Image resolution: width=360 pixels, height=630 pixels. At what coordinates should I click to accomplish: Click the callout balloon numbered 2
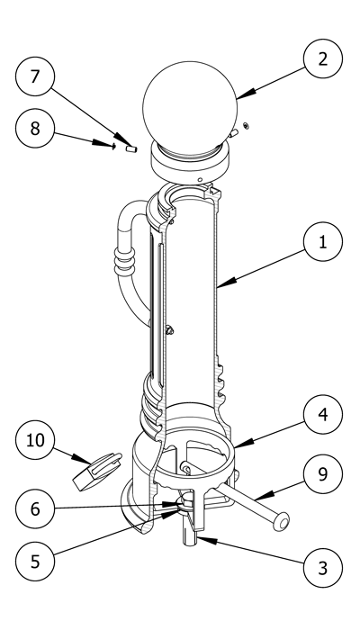pyautogui.click(x=323, y=58)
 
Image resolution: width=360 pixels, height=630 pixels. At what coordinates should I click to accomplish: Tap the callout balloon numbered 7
pyautogui.click(x=35, y=76)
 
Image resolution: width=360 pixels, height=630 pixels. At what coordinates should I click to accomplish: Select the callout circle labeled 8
pyautogui.click(x=35, y=128)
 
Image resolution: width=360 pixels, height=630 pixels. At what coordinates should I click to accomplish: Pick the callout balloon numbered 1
pyautogui.click(x=323, y=242)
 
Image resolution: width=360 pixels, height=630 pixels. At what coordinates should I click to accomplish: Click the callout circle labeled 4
pyautogui.click(x=323, y=415)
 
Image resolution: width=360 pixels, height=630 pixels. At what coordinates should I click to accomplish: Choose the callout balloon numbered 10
pyautogui.click(x=35, y=440)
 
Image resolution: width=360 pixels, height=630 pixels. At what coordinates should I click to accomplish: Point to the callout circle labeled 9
pyautogui.click(x=323, y=474)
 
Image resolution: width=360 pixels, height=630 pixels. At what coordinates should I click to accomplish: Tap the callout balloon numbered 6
pyautogui.click(x=35, y=508)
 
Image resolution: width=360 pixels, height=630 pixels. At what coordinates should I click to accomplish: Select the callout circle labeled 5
pyautogui.click(x=35, y=562)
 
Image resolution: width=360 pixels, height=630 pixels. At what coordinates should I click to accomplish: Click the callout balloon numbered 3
pyautogui.click(x=323, y=568)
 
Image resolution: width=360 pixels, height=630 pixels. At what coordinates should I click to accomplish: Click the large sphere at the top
pyautogui.click(x=190, y=108)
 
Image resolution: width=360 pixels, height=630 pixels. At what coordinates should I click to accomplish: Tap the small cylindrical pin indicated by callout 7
pyautogui.click(x=131, y=149)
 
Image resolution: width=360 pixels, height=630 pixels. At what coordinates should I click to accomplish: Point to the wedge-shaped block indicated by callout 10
pyautogui.click(x=97, y=472)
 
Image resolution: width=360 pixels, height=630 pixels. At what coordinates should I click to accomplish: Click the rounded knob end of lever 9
pyautogui.click(x=281, y=521)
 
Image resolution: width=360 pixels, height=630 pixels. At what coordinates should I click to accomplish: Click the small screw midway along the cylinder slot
pyautogui.click(x=169, y=330)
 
